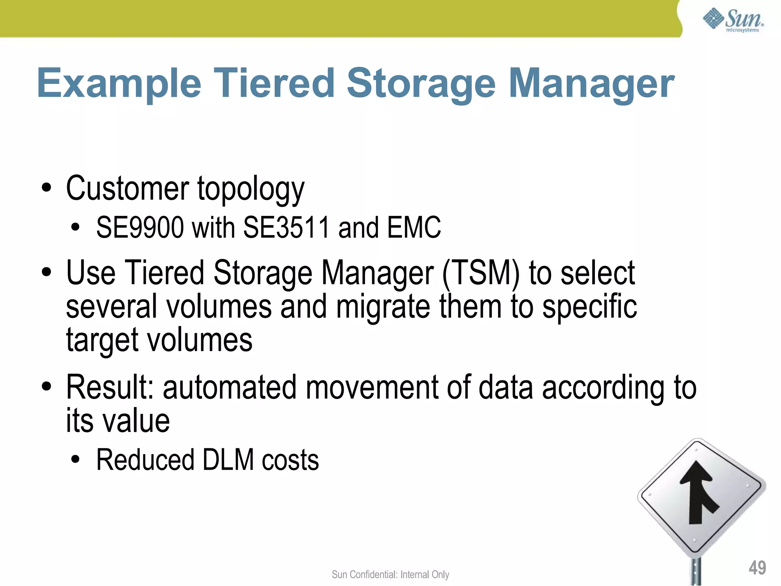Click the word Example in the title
(119, 83)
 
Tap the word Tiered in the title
(276, 83)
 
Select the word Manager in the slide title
(591, 83)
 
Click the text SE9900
(140, 228)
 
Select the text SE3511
(286, 228)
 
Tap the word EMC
(414, 228)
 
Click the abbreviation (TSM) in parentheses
(481, 273)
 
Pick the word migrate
(383, 307)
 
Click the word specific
(590, 307)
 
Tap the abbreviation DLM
(228, 460)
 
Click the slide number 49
(757, 568)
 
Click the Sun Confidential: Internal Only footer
(390, 575)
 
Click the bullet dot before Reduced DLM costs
(76, 460)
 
